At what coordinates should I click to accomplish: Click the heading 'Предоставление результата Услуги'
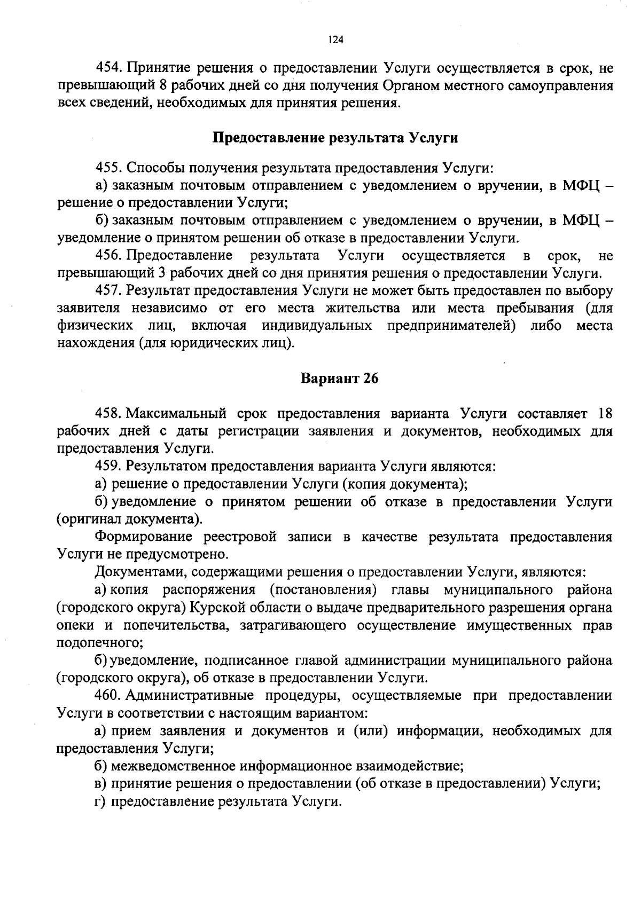click(x=335, y=138)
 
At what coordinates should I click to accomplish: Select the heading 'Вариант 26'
click(x=339, y=379)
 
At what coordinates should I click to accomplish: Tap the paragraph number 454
click(x=109, y=69)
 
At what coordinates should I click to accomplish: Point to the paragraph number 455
click(x=109, y=168)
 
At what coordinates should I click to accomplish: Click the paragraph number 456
click(x=109, y=256)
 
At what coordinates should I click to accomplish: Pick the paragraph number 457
click(x=109, y=291)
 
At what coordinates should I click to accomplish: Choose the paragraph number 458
click(x=109, y=414)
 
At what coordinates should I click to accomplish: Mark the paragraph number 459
click(x=109, y=467)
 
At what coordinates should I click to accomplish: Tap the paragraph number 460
click(x=109, y=696)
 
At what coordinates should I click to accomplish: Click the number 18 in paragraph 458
click(x=604, y=414)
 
